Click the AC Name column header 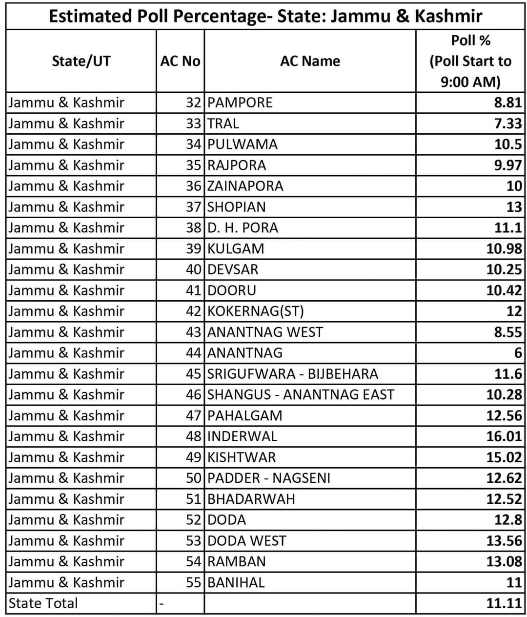tap(310, 61)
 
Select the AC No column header tap(180, 61)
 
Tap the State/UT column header tap(81, 61)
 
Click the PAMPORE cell tap(240, 103)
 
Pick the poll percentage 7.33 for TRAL tap(508, 123)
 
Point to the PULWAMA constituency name tap(243, 144)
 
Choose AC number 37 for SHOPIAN tap(193, 207)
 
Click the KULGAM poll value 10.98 tap(504, 249)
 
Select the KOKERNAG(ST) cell tap(256, 311)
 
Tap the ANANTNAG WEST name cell tap(265, 332)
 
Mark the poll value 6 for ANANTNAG tap(518, 353)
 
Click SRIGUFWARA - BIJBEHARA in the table tap(293, 374)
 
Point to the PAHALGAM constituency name tap(245, 415)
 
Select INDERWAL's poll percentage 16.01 tap(504, 436)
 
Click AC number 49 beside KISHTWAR tap(193, 457)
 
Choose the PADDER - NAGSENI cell tap(269, 478)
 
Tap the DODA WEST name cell tap(247, 541)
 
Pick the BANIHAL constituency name tap(236, 582)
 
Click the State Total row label tap(43, 603)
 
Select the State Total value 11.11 tap(504, 603)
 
